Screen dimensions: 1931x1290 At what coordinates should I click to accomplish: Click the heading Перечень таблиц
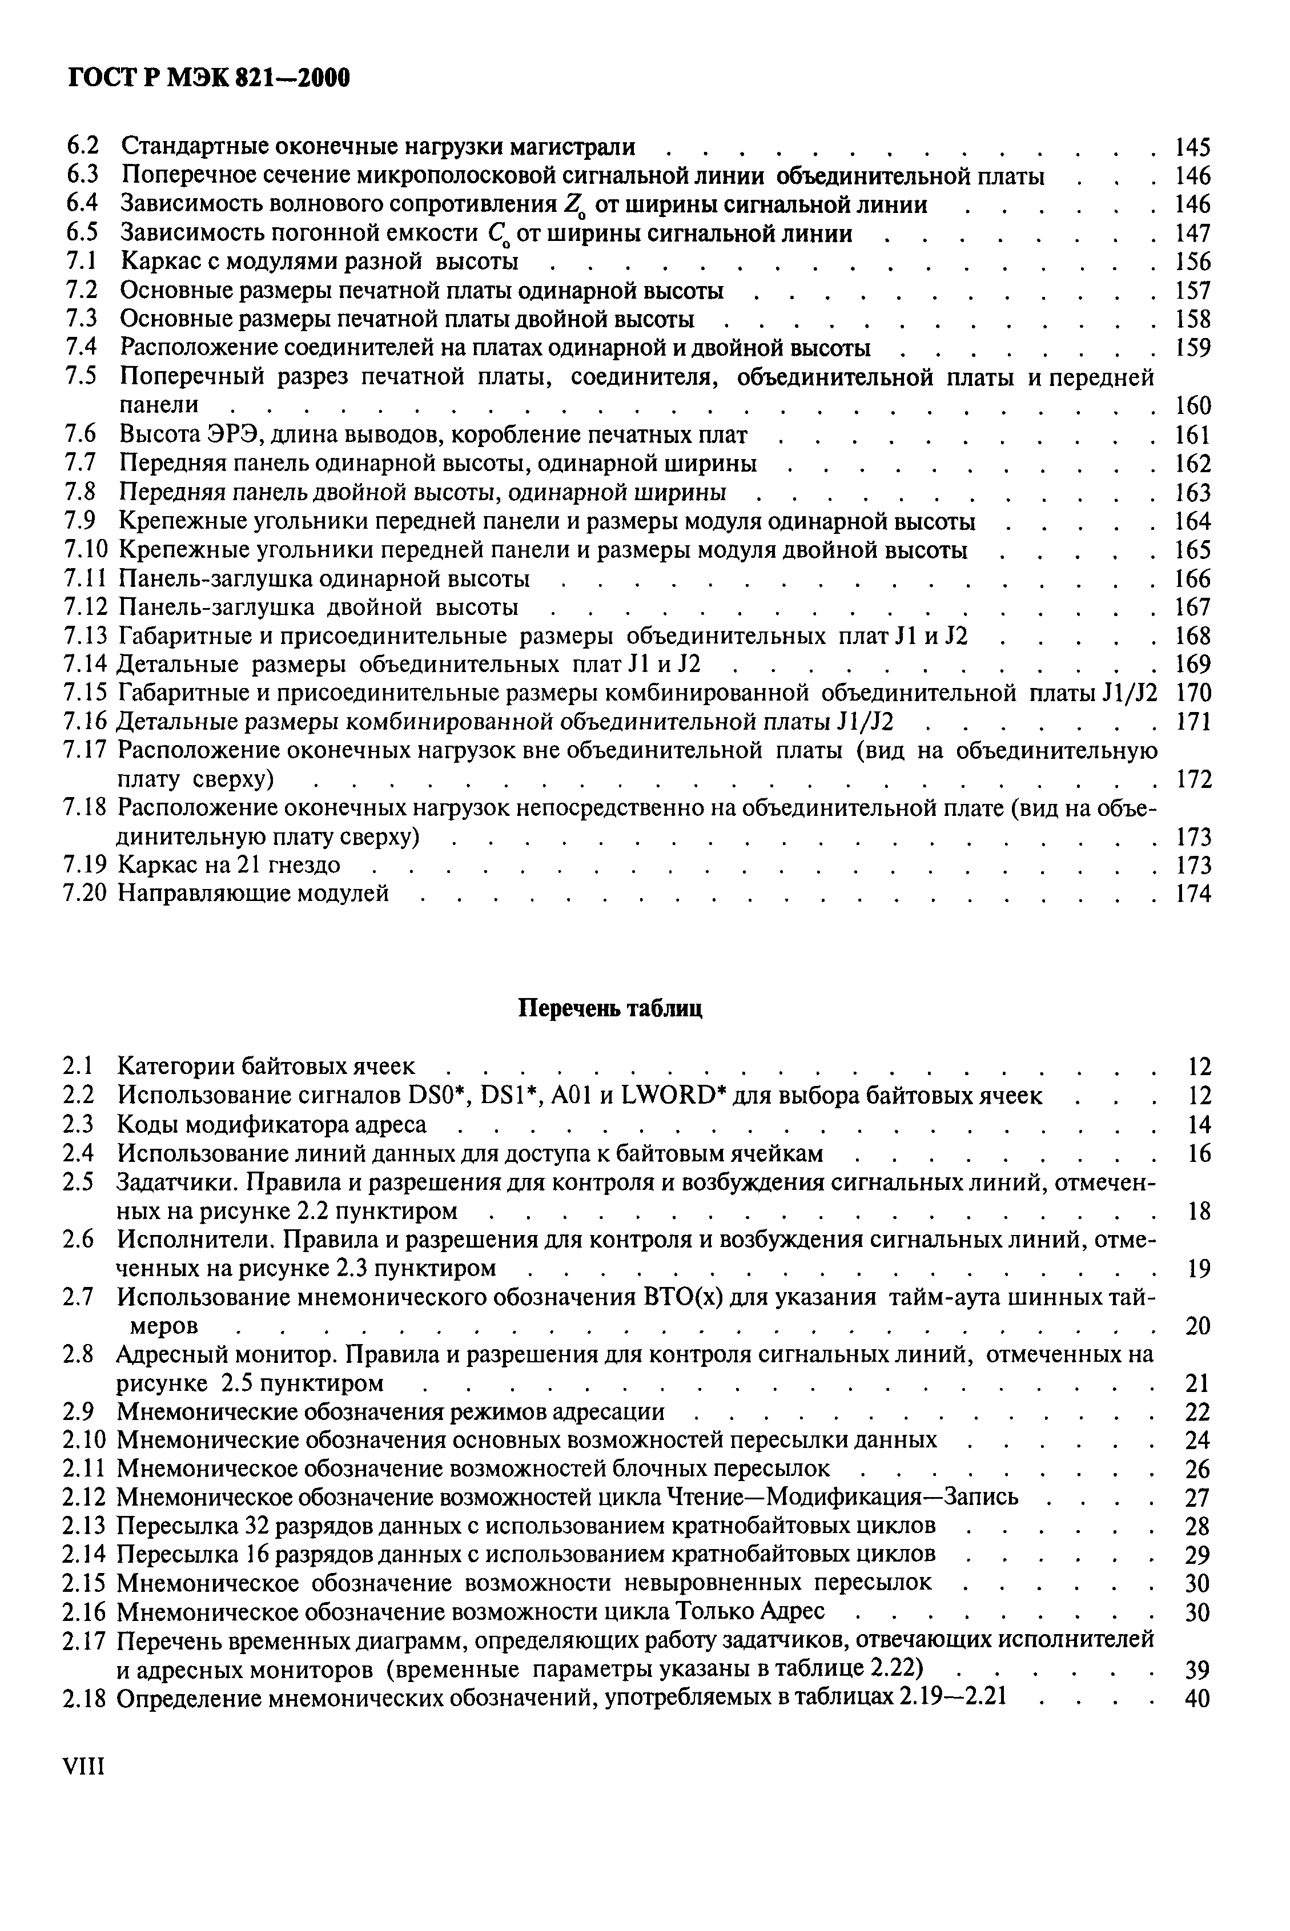click(x=610, y=1008)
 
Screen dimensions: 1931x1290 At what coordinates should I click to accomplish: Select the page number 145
click(x=1193, y=148)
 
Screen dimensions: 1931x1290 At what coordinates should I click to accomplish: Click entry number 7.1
click(x=82, y=262)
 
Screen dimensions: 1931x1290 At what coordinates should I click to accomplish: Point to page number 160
click(x=1193, y=405)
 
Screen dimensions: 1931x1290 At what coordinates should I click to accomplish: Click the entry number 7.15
click(x=86, y=693)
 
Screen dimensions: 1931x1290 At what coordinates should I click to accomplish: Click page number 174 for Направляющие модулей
click(x=1193, y=893)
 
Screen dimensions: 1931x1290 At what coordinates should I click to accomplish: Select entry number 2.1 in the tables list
click(x=79, y=1067)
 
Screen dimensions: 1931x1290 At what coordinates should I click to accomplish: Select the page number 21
click(x=1199, y=1383)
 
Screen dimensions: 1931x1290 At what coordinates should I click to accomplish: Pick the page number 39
click(x=1198, y=1669)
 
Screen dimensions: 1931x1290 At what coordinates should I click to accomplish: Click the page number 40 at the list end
click(x=1198, y=1697)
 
